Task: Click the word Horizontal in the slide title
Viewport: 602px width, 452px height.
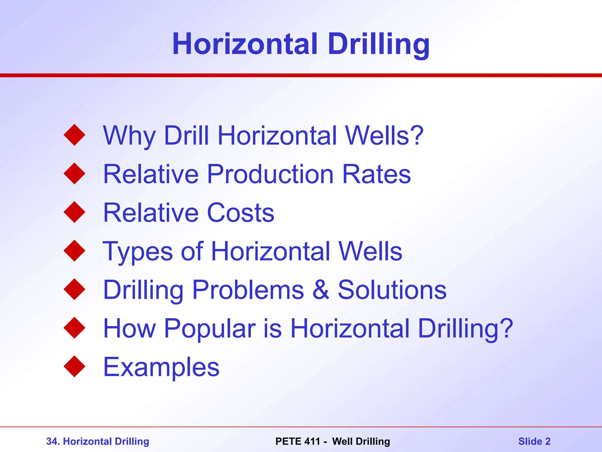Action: tap(245, 44)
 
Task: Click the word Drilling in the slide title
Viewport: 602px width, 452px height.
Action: tap(379, 44)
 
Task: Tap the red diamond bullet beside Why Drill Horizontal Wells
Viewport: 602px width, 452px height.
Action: tap(74, 135)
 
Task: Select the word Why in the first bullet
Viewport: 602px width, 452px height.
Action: tap(129, 136)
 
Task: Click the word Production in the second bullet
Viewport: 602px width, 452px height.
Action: tap(270, 174)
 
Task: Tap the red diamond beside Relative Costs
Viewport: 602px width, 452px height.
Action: tap(74, 212)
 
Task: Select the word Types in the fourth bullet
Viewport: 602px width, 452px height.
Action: tap(138, 252)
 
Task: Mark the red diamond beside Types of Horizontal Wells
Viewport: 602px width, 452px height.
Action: tap(74, 251)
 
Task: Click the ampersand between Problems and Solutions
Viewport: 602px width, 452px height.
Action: tap(321, 290)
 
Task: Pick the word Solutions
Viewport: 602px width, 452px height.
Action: tap(392, 290)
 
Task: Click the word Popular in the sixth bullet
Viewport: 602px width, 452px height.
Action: tap(210, 329)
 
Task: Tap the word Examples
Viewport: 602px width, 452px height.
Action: tap(161, 368)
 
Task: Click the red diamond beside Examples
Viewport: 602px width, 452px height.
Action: tap(74, 366)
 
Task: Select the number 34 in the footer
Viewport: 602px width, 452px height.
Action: tap(52, 441)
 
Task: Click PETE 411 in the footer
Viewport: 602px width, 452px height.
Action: tap(297, 441)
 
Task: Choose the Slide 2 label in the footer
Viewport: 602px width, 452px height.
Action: tap(534, 441)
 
